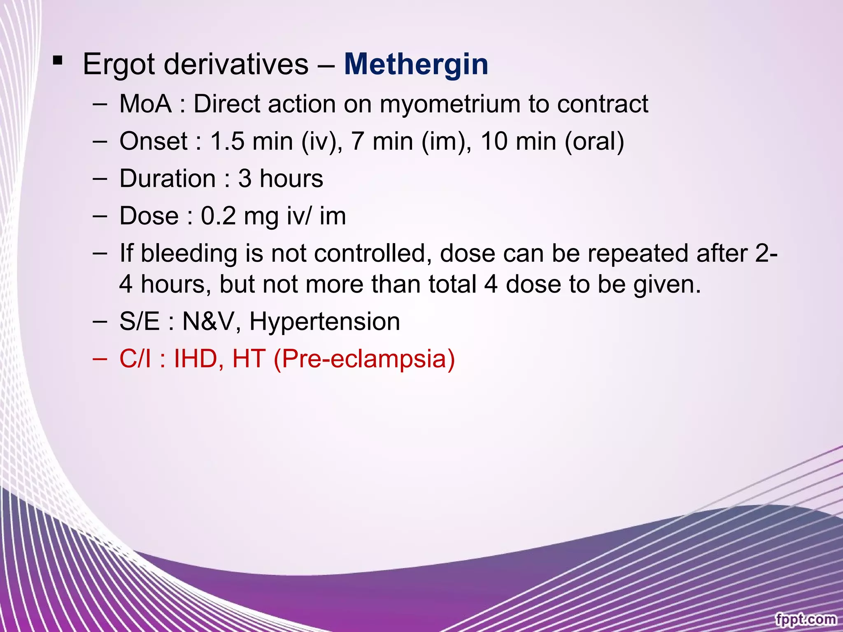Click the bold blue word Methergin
pos(416,65)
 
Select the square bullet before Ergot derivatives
pos(58,61)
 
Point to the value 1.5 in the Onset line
pos(227,141)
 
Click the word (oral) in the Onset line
pos(594,142)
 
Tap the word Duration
pos(168,179)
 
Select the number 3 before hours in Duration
pos(245,179)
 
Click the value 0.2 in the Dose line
pos(218,216)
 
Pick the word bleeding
pos(189,253)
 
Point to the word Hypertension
pos(324,321)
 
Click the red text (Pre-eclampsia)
pos(364,359)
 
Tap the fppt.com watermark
pos(806,619)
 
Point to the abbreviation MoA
pos(145,104)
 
